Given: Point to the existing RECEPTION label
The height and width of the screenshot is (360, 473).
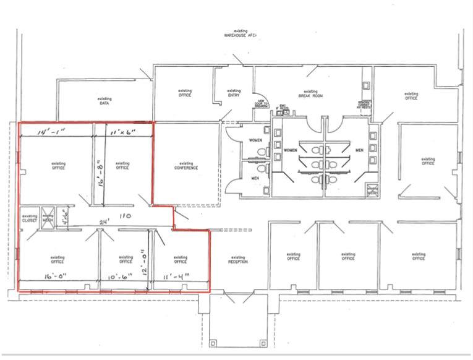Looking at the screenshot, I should tap(237, 260).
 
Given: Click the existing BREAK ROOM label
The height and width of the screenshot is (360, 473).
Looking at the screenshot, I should tap(310, 93).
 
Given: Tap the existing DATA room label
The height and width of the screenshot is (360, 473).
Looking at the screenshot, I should tap(104, 101).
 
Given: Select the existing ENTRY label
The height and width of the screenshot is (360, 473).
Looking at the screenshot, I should tap(234, 93).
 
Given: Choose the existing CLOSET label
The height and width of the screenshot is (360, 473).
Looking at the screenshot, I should tap(29, 218).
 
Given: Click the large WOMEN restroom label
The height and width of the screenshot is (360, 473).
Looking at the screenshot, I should tap(291, 150).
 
